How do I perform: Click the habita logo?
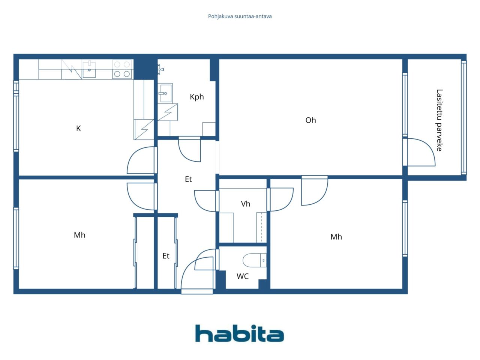click(x=239, y=333)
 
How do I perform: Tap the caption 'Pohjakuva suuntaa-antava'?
click(x=240, y=16)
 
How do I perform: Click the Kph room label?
click(x=196, y=97)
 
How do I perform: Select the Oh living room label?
click(x=310, y=120)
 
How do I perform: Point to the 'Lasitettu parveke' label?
click(x=439, y=120)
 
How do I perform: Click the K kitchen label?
click(x=78, y=128)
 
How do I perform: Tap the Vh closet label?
click(x=245, y=204)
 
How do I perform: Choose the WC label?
click(x=242, y=276)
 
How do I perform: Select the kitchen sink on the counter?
click(x=89, y=69)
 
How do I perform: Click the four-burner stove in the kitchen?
click(x=122, y=69)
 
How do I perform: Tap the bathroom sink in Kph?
click(x=165, y=93)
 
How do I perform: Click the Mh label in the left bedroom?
click(x=79, y=235)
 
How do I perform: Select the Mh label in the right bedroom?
click(x=336, y=237)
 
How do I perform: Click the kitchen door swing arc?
click(x=139, y=160)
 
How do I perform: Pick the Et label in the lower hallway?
click(x=166, y=256)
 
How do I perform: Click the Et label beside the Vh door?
click(x=188, y=179)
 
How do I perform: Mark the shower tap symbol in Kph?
click(x=160, y=69)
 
